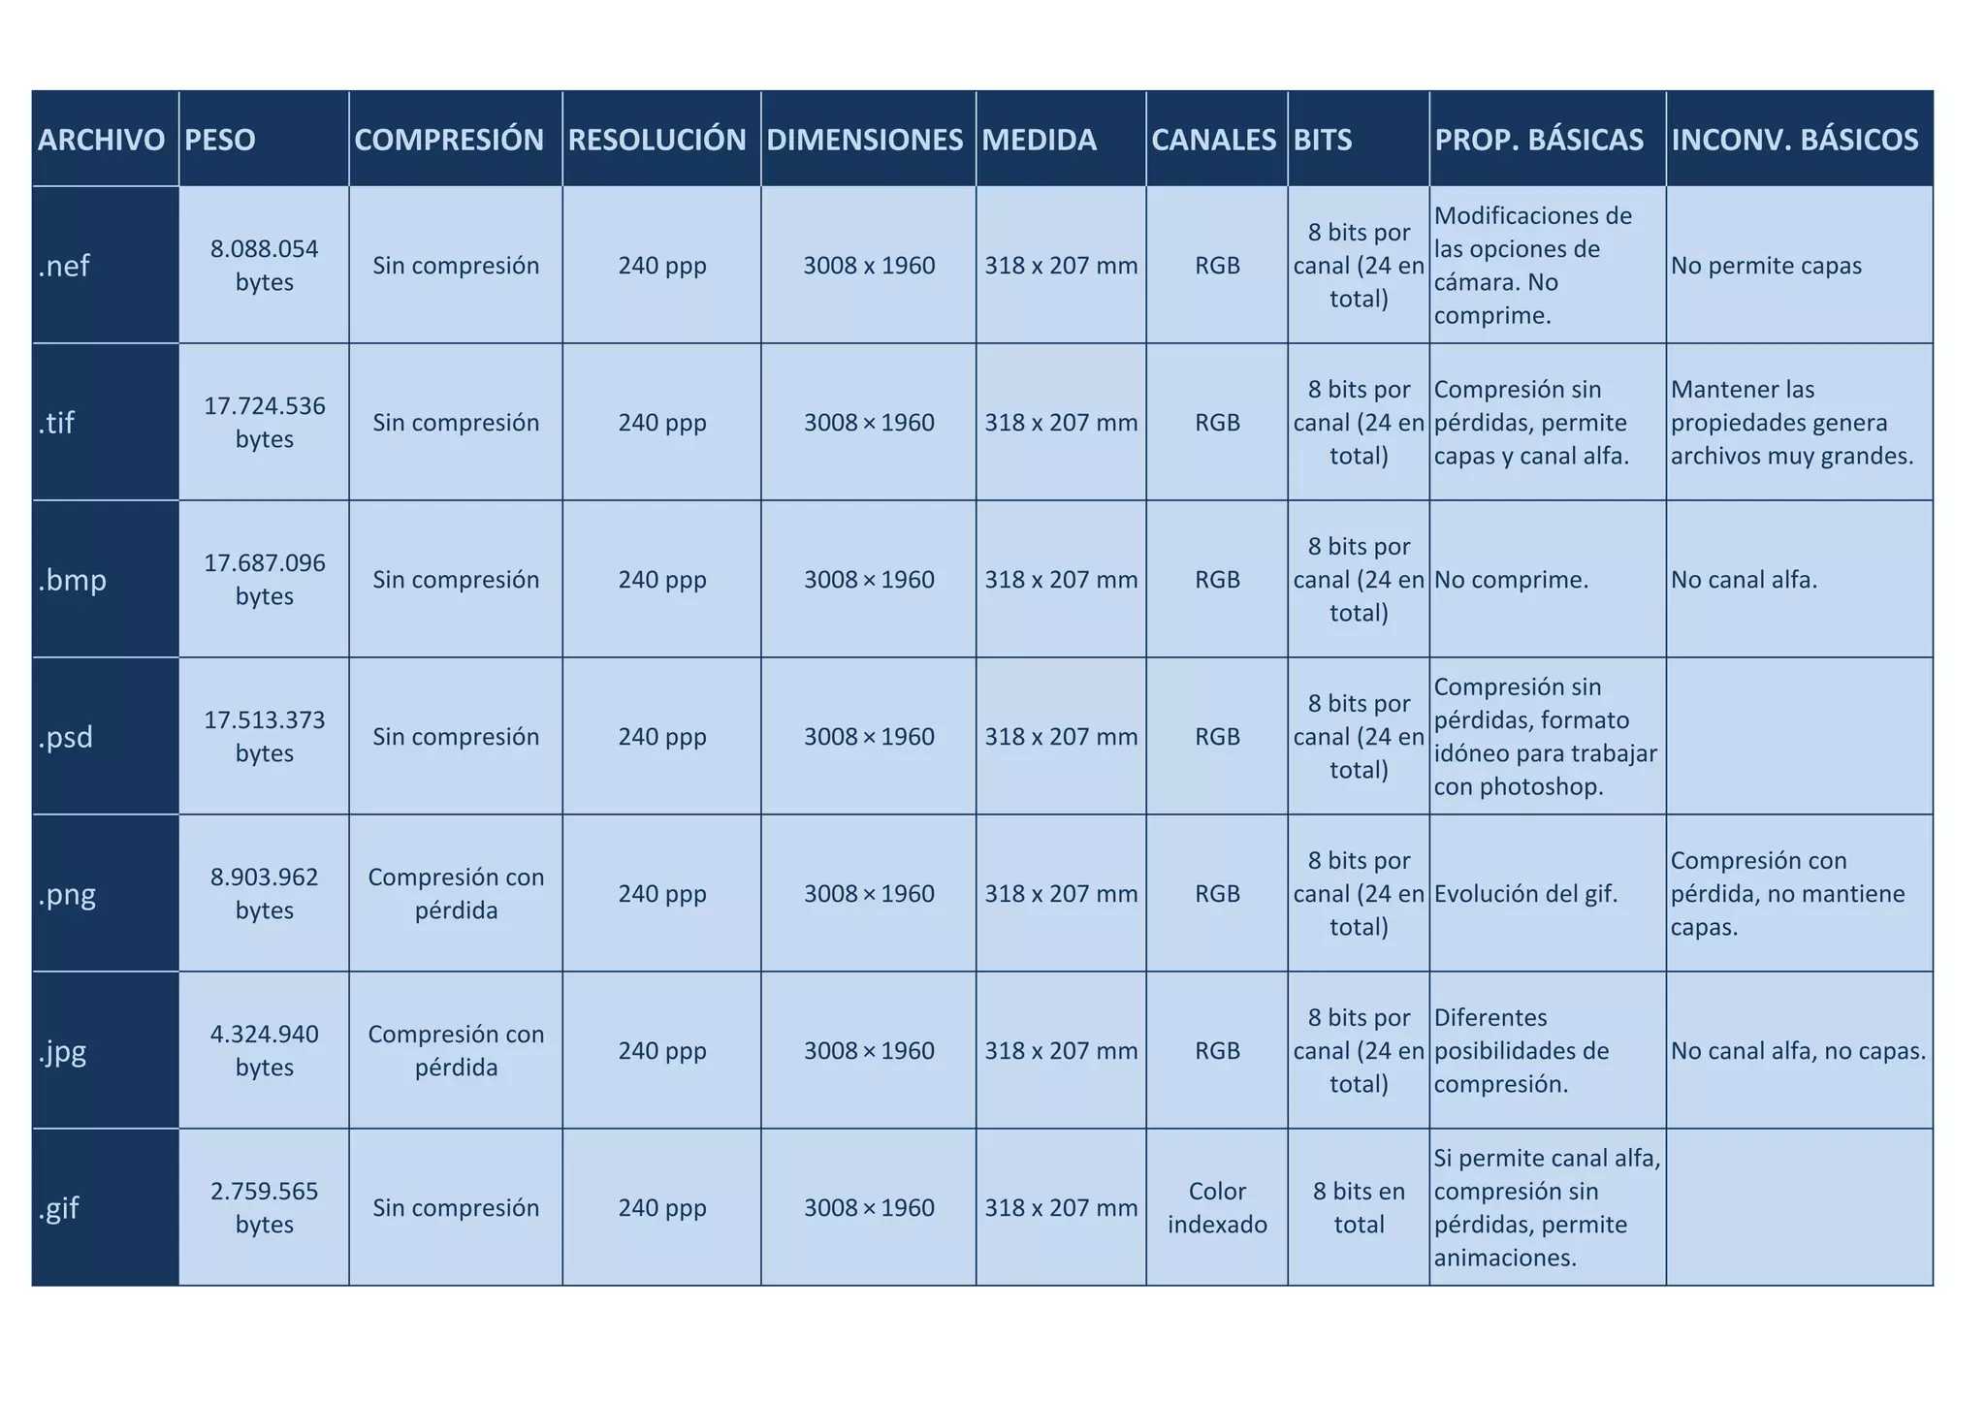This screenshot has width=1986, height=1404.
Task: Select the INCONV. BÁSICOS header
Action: (1794, 140)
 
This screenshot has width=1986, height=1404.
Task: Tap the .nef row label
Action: (64, 266)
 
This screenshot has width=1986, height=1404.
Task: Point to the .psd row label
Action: (66, 738)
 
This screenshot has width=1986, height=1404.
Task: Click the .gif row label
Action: (59, 1208)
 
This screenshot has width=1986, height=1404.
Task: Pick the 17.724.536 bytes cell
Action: (264, 422)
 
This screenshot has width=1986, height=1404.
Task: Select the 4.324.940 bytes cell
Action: (264, 1050)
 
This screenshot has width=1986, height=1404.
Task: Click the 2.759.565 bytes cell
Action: (264, 1207)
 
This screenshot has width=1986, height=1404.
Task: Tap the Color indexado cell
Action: (1217, 1207)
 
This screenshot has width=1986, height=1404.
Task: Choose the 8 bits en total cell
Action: (1359, 1207)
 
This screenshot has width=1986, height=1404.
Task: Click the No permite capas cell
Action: (1766, 266)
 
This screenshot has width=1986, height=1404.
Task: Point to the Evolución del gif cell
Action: (1525, 893)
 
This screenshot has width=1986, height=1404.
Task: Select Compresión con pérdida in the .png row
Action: (456, 893)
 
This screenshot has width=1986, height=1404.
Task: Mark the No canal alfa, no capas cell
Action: (1798, 1050)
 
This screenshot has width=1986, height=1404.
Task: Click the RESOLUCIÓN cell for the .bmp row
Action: (662, 580)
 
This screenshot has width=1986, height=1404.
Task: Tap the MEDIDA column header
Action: (1039, 140)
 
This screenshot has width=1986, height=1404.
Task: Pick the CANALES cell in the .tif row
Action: (1217, 423)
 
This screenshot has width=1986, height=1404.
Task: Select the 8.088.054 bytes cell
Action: (264, 266)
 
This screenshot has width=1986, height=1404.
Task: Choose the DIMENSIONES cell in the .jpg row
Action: (869, 1050)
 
